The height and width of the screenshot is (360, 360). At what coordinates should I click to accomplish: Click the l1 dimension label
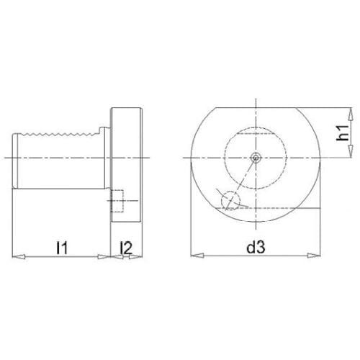pyautogui.click(x=62, y=248)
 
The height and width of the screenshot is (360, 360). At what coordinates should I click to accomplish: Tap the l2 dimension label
pyautogui.click(x=127, y=248)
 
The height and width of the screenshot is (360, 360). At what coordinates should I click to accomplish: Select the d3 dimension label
pyautogui.click(x=256, y=247)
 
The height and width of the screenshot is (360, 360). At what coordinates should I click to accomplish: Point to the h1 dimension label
pyautogui.click(x=342, y=132)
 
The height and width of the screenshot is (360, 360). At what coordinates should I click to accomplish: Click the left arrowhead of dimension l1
pyautogui.click(x=19, y=256)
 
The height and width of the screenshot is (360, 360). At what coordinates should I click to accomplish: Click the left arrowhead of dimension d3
pyautogui.click(x=197, y=256)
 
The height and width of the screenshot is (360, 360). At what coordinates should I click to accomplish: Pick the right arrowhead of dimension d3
pyautogui.click(x=314, y=256)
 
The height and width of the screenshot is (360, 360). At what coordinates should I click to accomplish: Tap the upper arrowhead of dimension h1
pyautogui.click(x=351, y=114)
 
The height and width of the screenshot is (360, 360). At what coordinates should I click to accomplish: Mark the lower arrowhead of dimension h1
pyautogui.click(x=351, y=151)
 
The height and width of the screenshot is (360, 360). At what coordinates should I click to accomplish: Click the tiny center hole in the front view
pyautogui.click(x=256, y=158)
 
